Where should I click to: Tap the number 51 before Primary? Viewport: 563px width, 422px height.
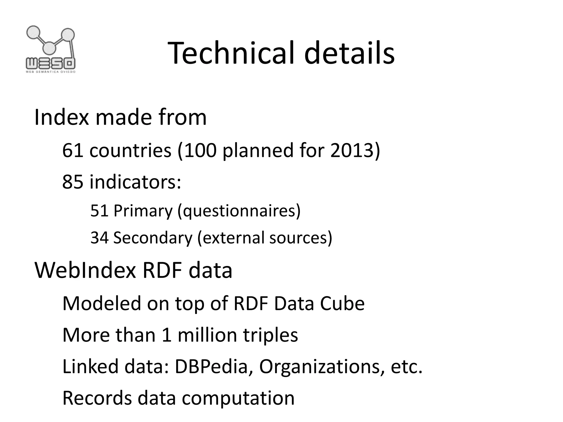[x=99, y=211]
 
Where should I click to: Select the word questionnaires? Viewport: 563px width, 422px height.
[x=239, y=211]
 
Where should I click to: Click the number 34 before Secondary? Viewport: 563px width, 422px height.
[x=99, y=238]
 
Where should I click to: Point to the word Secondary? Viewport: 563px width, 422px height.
[x=153, y=238]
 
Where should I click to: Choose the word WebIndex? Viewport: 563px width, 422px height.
[x=85, y=270]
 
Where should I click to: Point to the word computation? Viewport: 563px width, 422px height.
[x=238, y=398]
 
